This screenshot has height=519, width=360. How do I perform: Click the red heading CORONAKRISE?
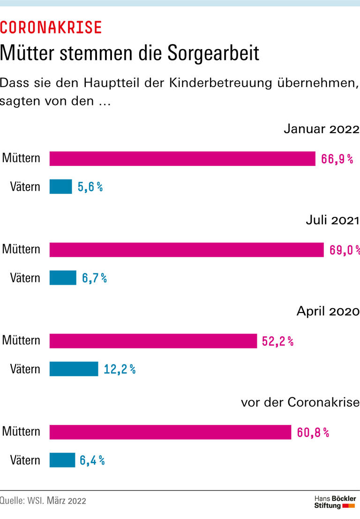pos(51,28)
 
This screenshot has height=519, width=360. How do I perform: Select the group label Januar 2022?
pos(321,129)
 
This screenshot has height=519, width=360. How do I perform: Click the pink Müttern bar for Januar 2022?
pos(182,158)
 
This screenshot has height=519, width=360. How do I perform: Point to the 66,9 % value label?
pos(337,159)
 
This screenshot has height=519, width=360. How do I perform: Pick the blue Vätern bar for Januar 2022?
pos(61,187)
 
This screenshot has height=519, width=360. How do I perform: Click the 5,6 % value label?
pos(90,187)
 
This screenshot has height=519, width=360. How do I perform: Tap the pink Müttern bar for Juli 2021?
pos(187,250)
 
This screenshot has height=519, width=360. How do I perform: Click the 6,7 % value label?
pos(94,278)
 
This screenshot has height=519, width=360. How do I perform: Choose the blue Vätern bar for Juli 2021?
pos(63,278)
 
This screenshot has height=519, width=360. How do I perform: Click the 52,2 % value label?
pos(277,341)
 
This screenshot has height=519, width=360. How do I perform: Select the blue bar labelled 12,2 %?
pos(74,369)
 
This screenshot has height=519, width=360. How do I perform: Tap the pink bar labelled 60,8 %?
pos(170,432)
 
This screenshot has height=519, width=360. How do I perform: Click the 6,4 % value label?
pos(92,460)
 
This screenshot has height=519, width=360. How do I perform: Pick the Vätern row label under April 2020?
pos(25,369)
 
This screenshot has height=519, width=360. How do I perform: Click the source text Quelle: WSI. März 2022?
pos(43,501)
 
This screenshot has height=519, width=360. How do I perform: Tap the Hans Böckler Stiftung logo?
pos(335,502)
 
